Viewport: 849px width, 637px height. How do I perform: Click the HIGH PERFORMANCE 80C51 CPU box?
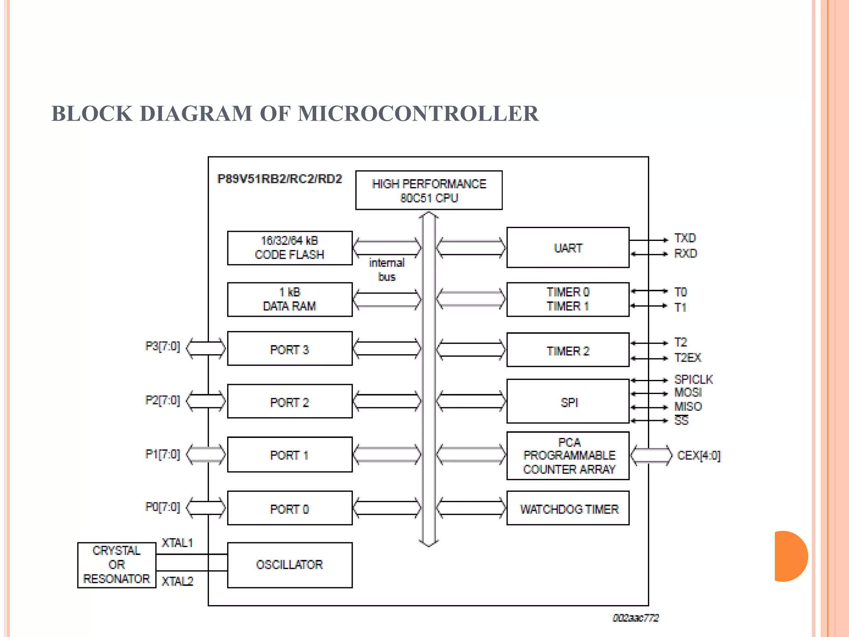[x=429, y=190]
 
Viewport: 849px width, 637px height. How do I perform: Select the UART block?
[x=568, y=248]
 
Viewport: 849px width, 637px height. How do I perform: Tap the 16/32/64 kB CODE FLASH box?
[x=289, y=248]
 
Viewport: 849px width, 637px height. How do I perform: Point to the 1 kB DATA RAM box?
[x=289, y=299]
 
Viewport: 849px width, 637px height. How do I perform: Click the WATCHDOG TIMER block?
[x=568, y=508]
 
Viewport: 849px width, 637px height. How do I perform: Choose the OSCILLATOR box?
[x=289, y=565]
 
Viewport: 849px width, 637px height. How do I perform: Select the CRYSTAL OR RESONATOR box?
[x=116, y=565]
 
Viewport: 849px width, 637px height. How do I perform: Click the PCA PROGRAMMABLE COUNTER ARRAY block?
[x=568, y=456]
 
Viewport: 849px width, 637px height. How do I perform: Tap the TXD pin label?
[x=685, y=238]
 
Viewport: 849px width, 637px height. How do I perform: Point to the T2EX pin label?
[x=687, y=357]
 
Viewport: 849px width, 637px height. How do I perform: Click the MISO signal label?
[x=688, y=406]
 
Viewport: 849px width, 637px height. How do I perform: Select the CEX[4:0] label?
[x=699, y=456]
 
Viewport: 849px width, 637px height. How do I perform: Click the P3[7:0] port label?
[x=163, y=346]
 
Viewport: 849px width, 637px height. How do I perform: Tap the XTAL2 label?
[x=177, y=581]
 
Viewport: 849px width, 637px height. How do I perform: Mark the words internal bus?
[x=386, y=270]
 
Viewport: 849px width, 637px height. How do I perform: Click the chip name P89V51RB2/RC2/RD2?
[x=279, y=179]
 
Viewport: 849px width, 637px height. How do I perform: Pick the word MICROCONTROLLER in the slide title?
[x=418, y=114]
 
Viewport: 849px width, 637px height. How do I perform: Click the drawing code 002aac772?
[x=636, y=618]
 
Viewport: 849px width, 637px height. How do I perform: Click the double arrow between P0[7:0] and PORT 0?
[x=206, y=508]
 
